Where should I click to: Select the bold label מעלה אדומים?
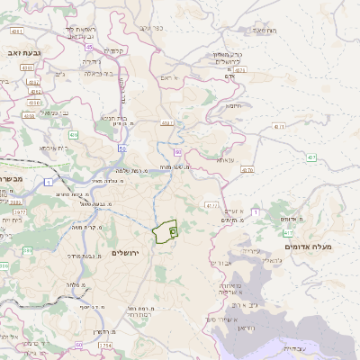(x=308, y=247)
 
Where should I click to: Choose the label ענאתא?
(x=225, y=159)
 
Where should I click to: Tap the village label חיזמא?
(x=233, y=105)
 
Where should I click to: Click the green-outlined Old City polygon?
(x=166, y=233)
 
